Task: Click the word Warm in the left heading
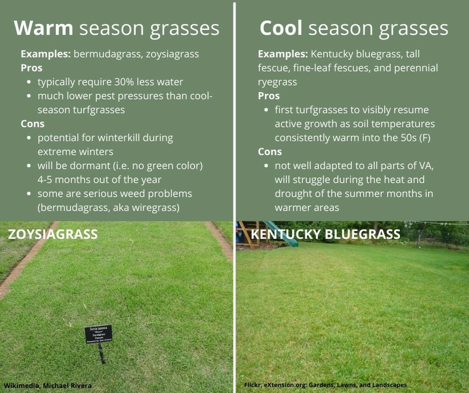43,28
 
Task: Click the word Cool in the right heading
281,28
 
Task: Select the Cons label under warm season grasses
33,124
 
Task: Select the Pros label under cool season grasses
269,96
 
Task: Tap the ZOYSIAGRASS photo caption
53,235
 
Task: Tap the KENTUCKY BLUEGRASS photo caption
326,235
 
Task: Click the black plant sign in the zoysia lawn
98,334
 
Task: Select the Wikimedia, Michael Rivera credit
48,386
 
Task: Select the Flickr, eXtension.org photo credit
326,385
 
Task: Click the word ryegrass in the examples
277,82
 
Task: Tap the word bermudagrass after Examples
102,54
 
